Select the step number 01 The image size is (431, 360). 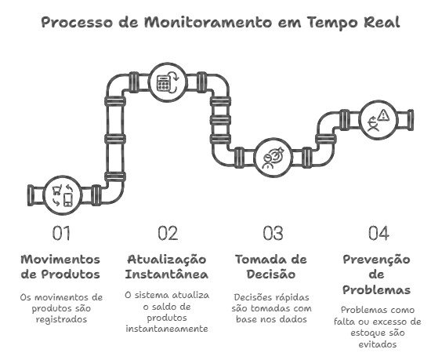click(61, 233)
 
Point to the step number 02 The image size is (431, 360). click(168, 233)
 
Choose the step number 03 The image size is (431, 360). click(273, 233)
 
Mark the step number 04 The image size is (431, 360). click(378, 233)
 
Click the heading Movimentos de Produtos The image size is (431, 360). click(60, 267)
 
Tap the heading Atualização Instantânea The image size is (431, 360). click(167, 267)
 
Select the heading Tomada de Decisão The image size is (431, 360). click(271, 267)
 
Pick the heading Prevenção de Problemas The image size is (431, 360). click(377, 275)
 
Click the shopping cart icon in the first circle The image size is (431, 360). click(57, 190)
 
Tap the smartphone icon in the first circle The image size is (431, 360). click(68, 200)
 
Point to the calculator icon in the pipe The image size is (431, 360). click(163, 83)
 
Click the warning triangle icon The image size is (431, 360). click(383, 115)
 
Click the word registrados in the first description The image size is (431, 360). click(61, 319)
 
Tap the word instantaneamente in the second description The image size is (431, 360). click(167, 329)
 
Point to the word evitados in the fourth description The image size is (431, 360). click(378, 344)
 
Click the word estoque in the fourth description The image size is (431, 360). click(364, 333)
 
